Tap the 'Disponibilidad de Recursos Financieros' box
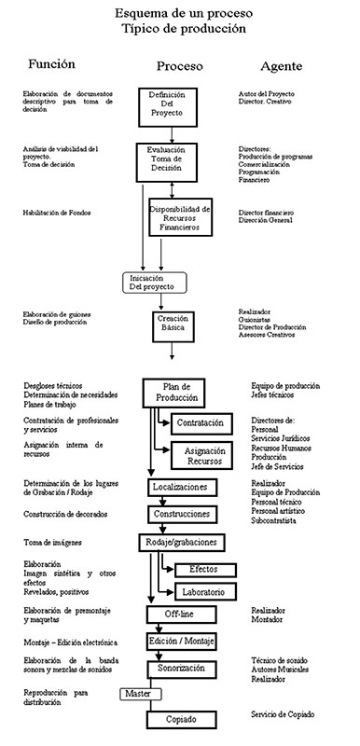(181, 217)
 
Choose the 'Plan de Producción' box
(174, 392)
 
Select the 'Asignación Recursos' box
(204, 455)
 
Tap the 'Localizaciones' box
(184, 487)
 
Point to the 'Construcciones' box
(184, 514)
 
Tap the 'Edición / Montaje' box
(184, 642)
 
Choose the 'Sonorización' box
(183, 670)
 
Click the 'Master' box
(138, 695)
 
